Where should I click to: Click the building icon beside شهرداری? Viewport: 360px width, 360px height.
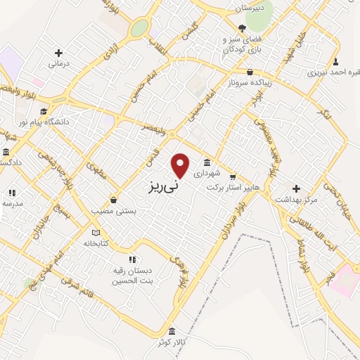click(x=206, y=163)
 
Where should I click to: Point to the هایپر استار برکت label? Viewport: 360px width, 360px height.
click(x=228, y=188)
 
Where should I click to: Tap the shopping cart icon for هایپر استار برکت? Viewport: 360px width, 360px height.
click(x=233, y=177)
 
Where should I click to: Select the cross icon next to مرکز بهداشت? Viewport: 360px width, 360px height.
click(x=296, y=188)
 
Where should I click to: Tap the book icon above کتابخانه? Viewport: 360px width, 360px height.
click(x=96, y=233)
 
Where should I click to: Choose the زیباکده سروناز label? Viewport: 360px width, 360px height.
click(x=250, y=82)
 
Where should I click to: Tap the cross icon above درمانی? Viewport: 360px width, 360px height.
click(x=58, y=53)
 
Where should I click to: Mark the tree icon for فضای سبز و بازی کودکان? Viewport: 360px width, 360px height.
click(x=242, y=29)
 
